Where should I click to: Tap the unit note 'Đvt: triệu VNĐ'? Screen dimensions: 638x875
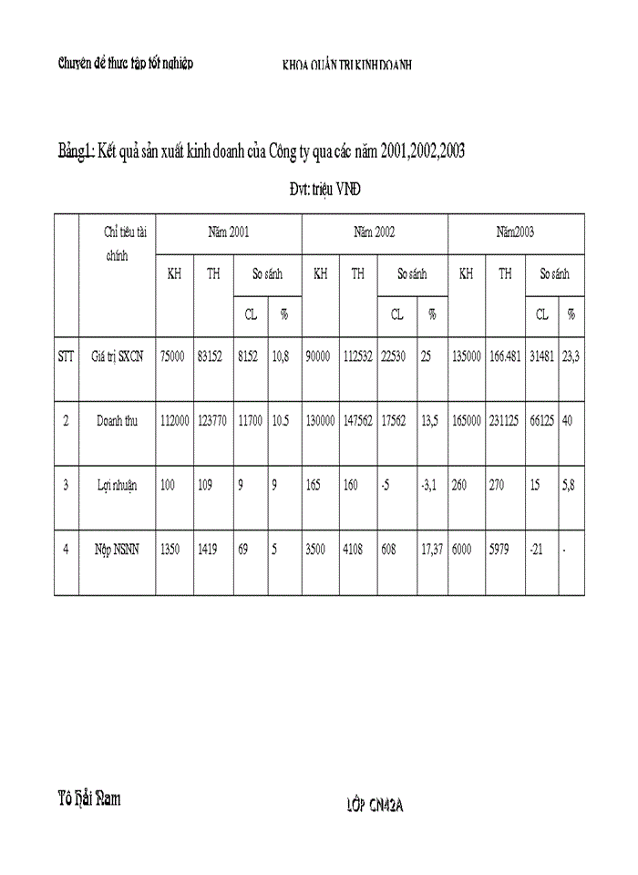pyautogui.click(x=324, y=190)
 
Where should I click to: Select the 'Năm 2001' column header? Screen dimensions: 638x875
pyautogui.click(x=228, y=232)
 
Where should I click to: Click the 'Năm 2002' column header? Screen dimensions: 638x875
pyautogui.click(x=374, y=232)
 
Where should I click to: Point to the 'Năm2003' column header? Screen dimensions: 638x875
pyautogui.click(x=515, y=232)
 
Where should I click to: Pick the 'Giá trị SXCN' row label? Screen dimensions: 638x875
pyautogui.click(x=118, y=357)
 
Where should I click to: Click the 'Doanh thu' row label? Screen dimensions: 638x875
pyautogui.click(x=118, y=422)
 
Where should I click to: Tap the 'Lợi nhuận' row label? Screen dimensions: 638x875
pyautogui.click(x=118, y=486)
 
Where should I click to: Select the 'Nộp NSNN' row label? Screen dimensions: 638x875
pyautogui.click(x=118, y=551)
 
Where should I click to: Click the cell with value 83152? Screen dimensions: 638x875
pyautogui.click(x=212, y=357)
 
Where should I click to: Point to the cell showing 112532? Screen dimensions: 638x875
pyautogui.click(x=358, y=357)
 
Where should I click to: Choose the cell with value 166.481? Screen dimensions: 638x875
pyautogui.click(x=505, y=357)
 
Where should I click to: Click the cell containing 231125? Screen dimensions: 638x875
pyautogui.click(x=505, y=422)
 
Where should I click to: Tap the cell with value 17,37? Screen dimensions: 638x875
pyautogui.click(x=432, y=551)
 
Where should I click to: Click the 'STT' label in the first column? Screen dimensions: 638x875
pyautogui.click(x=66, y=357)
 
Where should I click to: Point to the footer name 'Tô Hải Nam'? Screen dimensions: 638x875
pyautogui.click(x=89, y=799)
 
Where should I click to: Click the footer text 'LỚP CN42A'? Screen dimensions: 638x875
pyautogui.click(x=375, y=805)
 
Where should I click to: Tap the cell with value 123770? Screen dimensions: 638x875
pyautogui.click(x=212, y=422)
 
